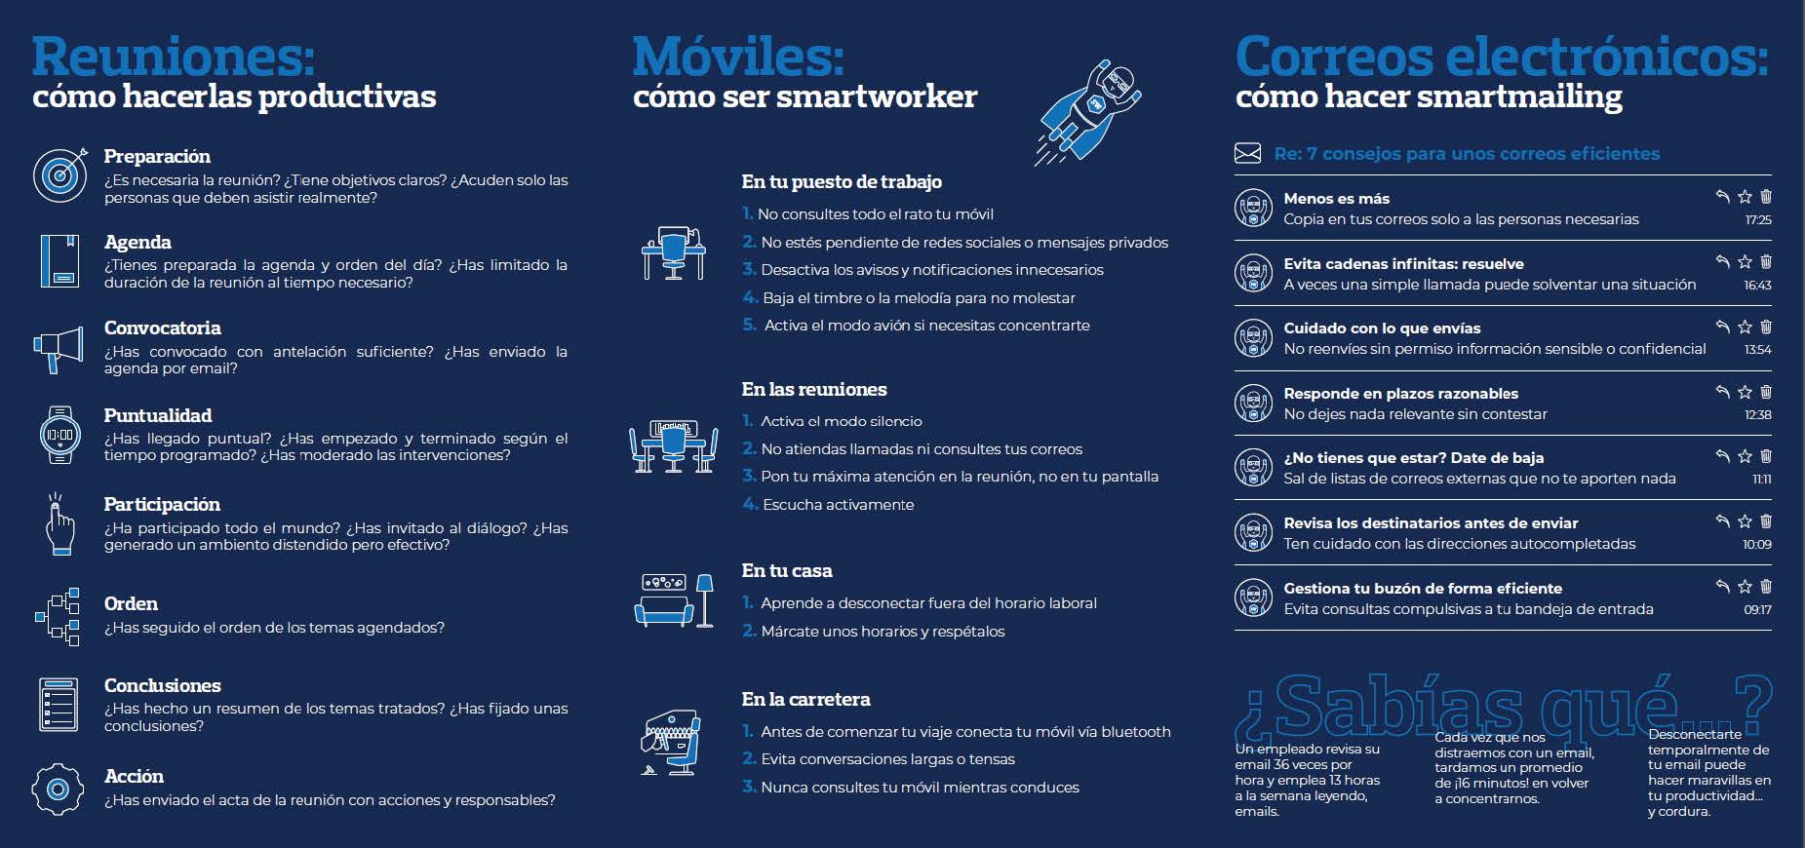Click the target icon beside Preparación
click(x=60, y=174)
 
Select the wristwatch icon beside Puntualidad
click(x=59, y=435)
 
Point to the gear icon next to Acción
click(x=58, y=789)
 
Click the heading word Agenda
click(x=137, y=242)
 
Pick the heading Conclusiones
click(x=163, y=685)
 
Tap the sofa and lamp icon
click(x=674, y=599)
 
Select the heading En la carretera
click(x=805, y=699)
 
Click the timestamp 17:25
click(x=1758, y=220)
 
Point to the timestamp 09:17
click(x=1757, y=609)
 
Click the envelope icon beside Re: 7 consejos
click(x=1247, y=153)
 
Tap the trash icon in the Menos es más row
click(x=1766, y=197)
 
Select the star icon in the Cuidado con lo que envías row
click(x=1745, y=328)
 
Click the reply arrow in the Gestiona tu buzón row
click(x=1722, y=586)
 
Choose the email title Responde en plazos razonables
click(x=1400, y=393)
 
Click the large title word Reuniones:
click(x=174, y=57)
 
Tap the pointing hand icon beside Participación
click(x=59, y=524)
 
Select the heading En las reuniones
click(x=814, y=389)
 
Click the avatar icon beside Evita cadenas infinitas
click(x=1253, y=273)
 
